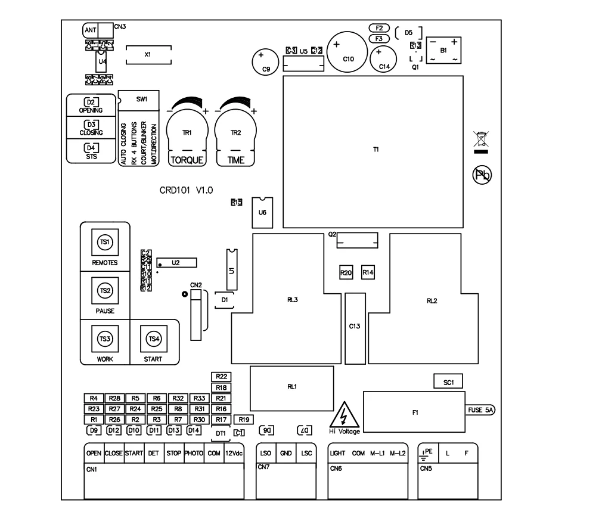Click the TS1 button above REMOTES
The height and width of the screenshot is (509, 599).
pyautogui.click(x=104, y=243)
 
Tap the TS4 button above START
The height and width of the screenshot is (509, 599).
pyautogui.click(x=154, y=339)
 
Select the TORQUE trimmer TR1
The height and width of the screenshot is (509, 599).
pyautogui.click(x=187, y=133)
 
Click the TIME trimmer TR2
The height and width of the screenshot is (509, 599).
pyautogui.click(x=235, y=133)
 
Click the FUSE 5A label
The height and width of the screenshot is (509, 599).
pyautogui.click(x=481, y=411)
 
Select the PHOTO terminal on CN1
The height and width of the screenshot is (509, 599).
pyautogui.click(x=194, y=453)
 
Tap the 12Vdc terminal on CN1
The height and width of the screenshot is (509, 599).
pyautogui.click(x=233, y=453)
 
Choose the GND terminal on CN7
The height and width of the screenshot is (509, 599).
pyautogui.click(x=285, y=453)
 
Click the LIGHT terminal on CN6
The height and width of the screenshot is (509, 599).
pyautogui.click(x=337, y=453)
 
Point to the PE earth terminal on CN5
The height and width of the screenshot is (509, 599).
pyautogui.click(x=427, y=453)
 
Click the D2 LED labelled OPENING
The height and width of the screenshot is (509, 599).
pyautogui.click(x=91, y=102)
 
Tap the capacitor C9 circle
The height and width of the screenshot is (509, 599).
pyautogui.click(x=262, y=61)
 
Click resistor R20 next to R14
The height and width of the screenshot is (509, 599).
pyautogui.click(x=346, y=272)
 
